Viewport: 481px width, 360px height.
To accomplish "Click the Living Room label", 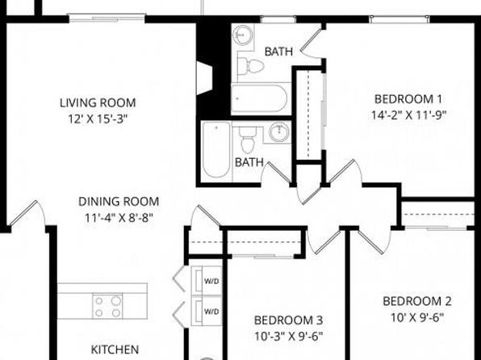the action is click(x=98, y=103).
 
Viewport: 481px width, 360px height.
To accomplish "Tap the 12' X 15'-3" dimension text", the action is click(x=98, y=119).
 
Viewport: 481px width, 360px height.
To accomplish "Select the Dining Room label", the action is click(x=119, y=202).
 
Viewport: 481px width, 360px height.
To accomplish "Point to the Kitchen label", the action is click(x=115, y=350).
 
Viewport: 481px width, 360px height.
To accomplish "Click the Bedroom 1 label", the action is click(x=408, y=99).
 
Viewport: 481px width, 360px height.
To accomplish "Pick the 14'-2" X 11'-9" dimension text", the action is click(x=408, y=115).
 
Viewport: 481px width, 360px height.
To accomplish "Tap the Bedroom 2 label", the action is click(x=417, y=301).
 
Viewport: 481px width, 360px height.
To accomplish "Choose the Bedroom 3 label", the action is click(x=288, y=320).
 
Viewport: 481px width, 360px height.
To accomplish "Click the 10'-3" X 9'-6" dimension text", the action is click(x=288, y=337).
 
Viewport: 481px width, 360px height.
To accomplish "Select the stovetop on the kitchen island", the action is click(x=107, y=306).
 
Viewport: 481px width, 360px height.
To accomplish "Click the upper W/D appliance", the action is click(x=207, y=281).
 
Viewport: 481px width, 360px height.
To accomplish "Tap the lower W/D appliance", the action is click(x=207, y=311).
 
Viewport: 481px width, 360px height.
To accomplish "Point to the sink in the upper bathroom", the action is click(x=243, y=35).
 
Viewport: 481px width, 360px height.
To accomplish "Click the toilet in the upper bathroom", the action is click(x=251, y=66).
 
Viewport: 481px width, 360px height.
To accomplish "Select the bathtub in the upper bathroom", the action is click(x=259, y=98).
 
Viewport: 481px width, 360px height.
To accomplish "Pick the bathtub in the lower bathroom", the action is click(x=216, y=149).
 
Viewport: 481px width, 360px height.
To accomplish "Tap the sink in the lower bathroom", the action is click(x=279, y=132).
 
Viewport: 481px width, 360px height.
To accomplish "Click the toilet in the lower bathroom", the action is click(x=248, y=140).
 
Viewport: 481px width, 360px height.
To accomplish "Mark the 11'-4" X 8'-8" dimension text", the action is click(x=119, y=218).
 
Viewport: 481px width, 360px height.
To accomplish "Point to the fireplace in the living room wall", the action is click(x=205, y=78).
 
